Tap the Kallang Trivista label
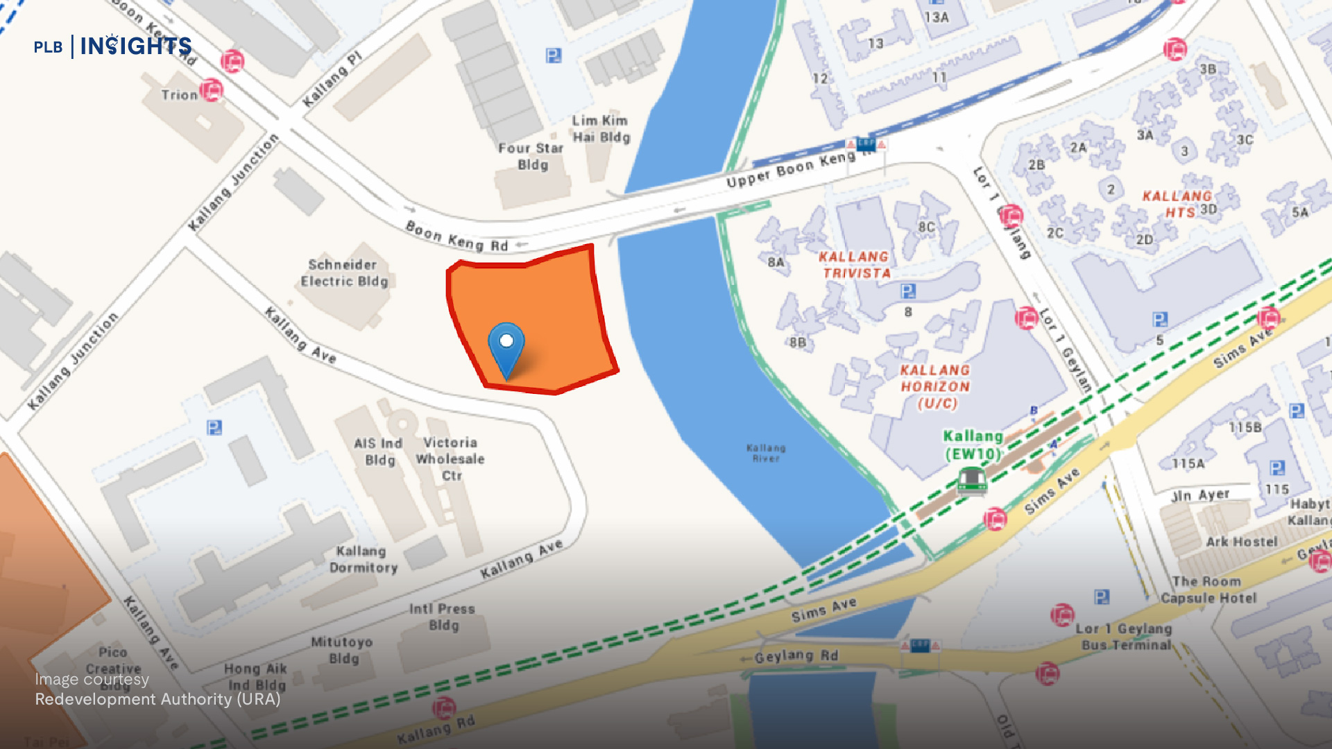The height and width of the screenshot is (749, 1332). (855, 265)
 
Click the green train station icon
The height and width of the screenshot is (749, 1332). (971, 480)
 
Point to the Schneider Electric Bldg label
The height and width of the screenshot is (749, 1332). (343, 273)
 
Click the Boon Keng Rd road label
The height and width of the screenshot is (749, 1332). (456, 236)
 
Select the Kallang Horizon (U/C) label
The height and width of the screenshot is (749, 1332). (935, 387)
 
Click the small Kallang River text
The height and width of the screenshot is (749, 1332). (766, 453)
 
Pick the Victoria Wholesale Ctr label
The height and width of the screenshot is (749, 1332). (450, 458)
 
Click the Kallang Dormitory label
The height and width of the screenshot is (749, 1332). (363, 560)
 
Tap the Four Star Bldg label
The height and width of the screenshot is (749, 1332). (531, 156)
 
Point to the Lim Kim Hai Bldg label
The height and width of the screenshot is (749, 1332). (601, 129)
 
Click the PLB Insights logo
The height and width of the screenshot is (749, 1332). (113, 46)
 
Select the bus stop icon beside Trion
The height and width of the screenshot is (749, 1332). (212, 90)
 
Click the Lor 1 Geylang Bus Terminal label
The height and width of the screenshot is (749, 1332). (1125, 637)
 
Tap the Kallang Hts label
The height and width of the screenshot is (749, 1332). (1177, 204)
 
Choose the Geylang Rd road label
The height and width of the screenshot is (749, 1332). (796, 656)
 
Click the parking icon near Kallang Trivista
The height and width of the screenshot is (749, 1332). (907, 291)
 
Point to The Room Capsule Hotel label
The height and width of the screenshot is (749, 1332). (1208, 589)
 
